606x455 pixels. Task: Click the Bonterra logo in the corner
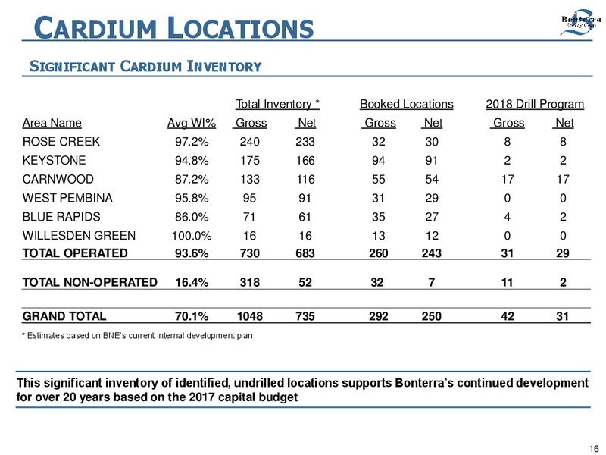581,23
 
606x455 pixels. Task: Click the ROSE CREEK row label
61,142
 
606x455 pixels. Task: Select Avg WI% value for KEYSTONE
192,160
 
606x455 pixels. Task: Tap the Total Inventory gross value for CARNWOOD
250,179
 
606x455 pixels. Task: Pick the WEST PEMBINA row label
67,198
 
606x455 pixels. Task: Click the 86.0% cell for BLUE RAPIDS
192,217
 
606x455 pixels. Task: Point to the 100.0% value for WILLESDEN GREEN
192,236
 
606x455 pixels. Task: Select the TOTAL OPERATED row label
75,253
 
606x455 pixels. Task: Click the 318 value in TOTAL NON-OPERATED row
250,282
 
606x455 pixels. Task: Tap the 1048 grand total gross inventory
250,316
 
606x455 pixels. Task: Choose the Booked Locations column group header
407,104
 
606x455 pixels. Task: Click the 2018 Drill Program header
535,104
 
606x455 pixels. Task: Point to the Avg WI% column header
192,123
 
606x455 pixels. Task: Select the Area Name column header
52,123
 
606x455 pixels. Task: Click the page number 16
594,448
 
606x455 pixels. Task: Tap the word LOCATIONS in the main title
241,28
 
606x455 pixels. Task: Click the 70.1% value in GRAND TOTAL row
192,316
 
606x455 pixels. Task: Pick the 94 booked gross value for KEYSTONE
378,160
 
